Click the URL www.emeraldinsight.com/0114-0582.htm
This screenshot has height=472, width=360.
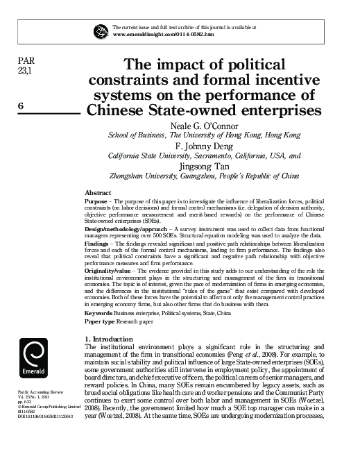[163, 33]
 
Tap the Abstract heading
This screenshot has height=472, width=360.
[97, 192]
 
